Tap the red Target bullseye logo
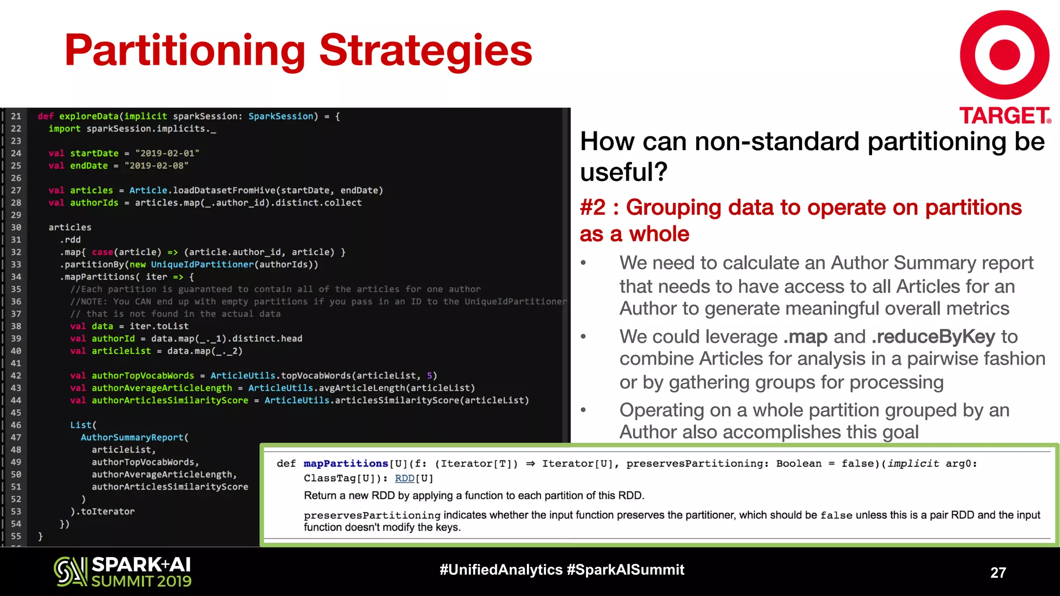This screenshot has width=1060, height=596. (1004, 55)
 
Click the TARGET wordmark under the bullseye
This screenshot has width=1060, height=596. (1004, 116)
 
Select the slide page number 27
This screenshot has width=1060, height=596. (998, 573)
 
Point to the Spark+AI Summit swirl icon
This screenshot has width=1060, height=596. (70, 572)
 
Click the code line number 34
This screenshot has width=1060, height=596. (16, 277)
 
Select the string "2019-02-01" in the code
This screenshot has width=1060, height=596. (167, 153)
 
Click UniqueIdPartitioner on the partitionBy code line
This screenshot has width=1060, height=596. (202, 264)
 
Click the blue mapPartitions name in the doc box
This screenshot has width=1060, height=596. (345, 464)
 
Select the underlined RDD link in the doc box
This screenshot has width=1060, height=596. (405, 478)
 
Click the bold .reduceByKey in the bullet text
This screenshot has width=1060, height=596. (933, 337)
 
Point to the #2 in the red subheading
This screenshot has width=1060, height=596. (593, 207)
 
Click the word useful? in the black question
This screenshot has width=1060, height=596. (624, 172)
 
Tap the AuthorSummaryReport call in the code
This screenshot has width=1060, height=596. (134, 437)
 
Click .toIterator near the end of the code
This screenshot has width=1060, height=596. (107, 511)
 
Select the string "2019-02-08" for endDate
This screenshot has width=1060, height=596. (156, 166)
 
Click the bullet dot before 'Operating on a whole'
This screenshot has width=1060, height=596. (583, 410)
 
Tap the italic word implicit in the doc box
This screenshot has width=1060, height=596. (913, 464)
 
